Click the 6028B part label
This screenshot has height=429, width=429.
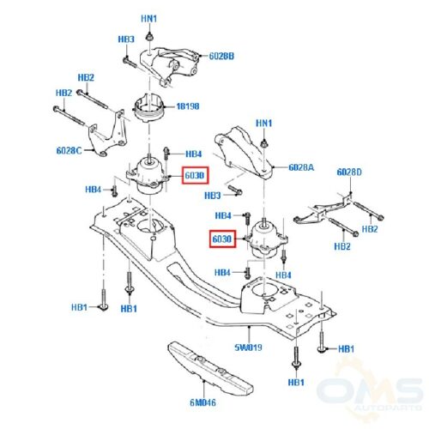pos(221,56)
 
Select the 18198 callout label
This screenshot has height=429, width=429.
pos(188,106)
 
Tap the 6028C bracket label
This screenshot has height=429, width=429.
pos(69,150)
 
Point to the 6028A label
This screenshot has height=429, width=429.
pos(301,167)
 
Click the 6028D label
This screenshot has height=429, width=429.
pos(349,172)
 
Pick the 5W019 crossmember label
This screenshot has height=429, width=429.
pos(248,347)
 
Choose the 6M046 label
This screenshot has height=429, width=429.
pos(202,402)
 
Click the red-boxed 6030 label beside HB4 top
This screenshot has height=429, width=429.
pos(196,175)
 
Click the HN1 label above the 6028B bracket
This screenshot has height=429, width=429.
pos(149,19)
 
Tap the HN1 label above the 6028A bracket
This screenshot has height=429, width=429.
pos(263,124)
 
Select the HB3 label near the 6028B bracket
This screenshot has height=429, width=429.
pos(126,39)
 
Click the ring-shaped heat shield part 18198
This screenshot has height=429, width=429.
pos(148,108)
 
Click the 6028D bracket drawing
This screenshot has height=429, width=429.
pos(323,209)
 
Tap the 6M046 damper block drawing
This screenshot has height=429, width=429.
pos(210,367)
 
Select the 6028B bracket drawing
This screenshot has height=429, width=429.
pos(169,67)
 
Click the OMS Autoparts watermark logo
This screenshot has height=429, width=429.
pos(369,392)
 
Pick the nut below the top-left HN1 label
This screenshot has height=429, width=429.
pos(149,37)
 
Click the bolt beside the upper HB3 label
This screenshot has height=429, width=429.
pos(130,63)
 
